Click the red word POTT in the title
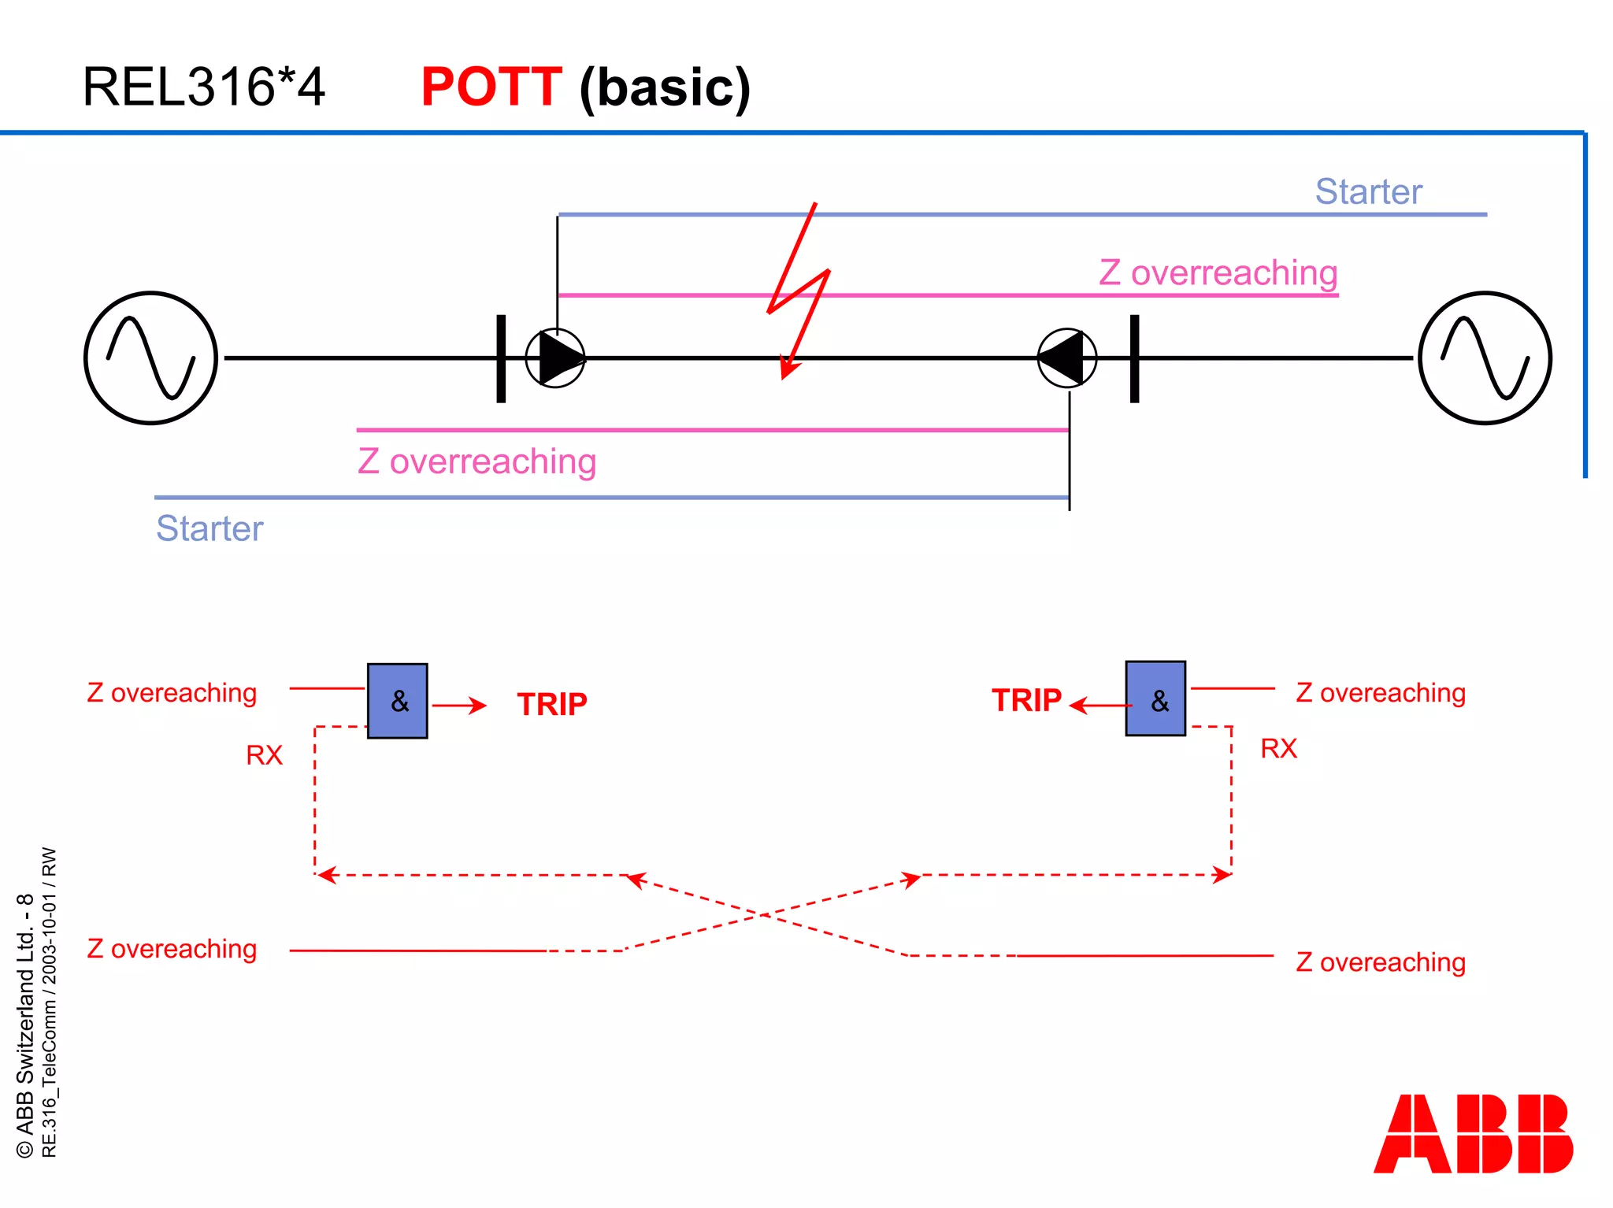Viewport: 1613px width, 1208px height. tap(491, 87)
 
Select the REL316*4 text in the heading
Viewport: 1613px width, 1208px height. tap(203, 87)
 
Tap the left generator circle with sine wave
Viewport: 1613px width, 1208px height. tap(151, 358)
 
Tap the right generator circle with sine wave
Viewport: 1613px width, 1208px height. tap(1485, 358)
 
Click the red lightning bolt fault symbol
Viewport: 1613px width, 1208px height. tap(799, 291)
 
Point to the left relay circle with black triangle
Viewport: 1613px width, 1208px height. tap(556, 358)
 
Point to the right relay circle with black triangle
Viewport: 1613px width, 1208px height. tap(1067, 358)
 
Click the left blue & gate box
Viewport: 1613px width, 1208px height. tap(398, 701)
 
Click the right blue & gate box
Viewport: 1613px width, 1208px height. tap(1155, 699)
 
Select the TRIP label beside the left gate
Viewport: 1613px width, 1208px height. tap(552, 705)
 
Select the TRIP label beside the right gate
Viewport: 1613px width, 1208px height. tap(1026, 701)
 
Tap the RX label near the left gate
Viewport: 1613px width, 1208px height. tap(264, 755)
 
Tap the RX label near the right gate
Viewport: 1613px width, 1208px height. tap(1278, 748)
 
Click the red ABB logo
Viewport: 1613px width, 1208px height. tap(1473, 1134)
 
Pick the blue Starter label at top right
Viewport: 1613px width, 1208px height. tap(1368, 192)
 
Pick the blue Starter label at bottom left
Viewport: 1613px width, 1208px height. tap(210, 528)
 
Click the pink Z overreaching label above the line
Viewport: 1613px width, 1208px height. tap(1218, 273)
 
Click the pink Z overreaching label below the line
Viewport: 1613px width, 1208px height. tap(476, 461)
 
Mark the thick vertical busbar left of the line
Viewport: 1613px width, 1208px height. tap(501, 359)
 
